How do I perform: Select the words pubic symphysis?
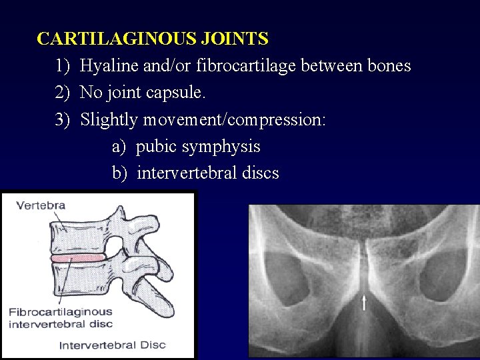(x=198, y=147)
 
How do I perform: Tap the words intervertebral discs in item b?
(x=207, y=173)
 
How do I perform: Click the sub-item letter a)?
(x=120, y=147)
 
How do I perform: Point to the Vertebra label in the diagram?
(x=41, y=205)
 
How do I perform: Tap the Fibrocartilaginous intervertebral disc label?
(x=60, y=318)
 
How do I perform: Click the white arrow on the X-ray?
(x=364, y=304)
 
